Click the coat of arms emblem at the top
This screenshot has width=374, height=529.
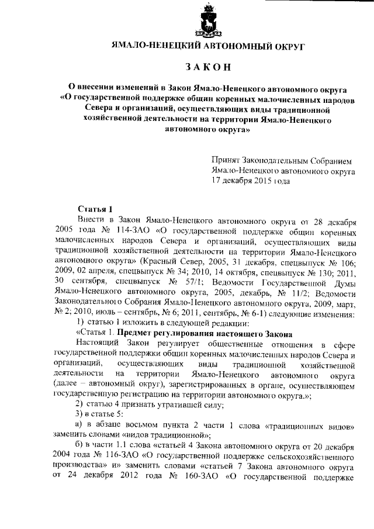click(x=207, y=21)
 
